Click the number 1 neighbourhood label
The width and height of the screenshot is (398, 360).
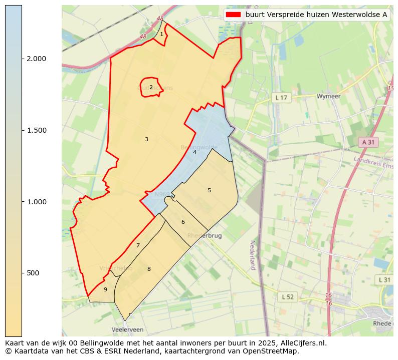pos(161,35)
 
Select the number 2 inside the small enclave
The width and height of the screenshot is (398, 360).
pos(151,87)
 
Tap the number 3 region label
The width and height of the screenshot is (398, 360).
pos(146,139)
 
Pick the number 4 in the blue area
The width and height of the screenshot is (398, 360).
pos(194,152)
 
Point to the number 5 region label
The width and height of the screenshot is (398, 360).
pos(209,190)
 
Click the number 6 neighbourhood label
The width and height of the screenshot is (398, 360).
pos(183,222)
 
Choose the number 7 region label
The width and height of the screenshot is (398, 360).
pos(138,245)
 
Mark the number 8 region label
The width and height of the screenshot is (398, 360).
pos(149,269)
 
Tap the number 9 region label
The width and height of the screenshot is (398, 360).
pos(105,289)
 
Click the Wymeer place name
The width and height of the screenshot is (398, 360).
pos(329,96)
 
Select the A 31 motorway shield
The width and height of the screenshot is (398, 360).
pos(368,142)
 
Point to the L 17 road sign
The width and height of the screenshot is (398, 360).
pos(281,98)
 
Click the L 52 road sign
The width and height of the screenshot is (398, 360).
pos(287,297)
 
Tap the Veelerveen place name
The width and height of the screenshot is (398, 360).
pos(127,330)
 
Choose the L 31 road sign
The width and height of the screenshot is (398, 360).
pos(384,279)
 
